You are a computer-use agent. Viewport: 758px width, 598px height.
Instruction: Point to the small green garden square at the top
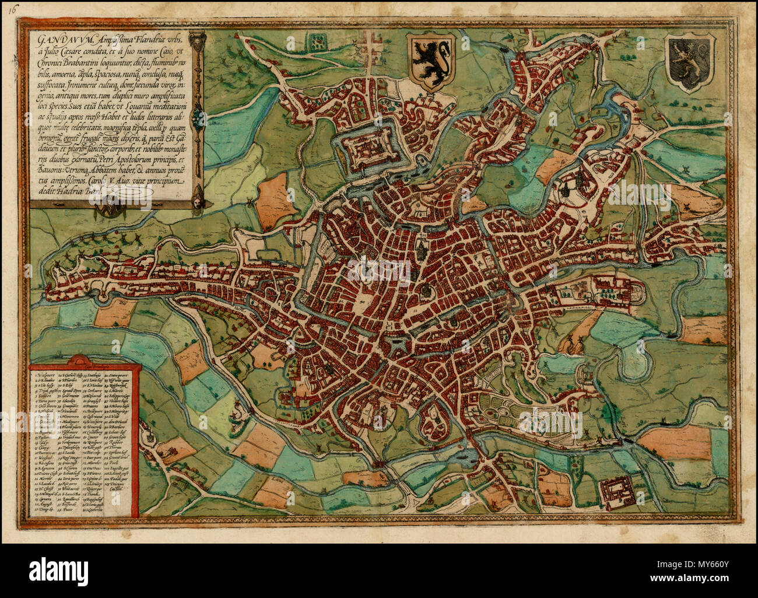click(x=319, y=40)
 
